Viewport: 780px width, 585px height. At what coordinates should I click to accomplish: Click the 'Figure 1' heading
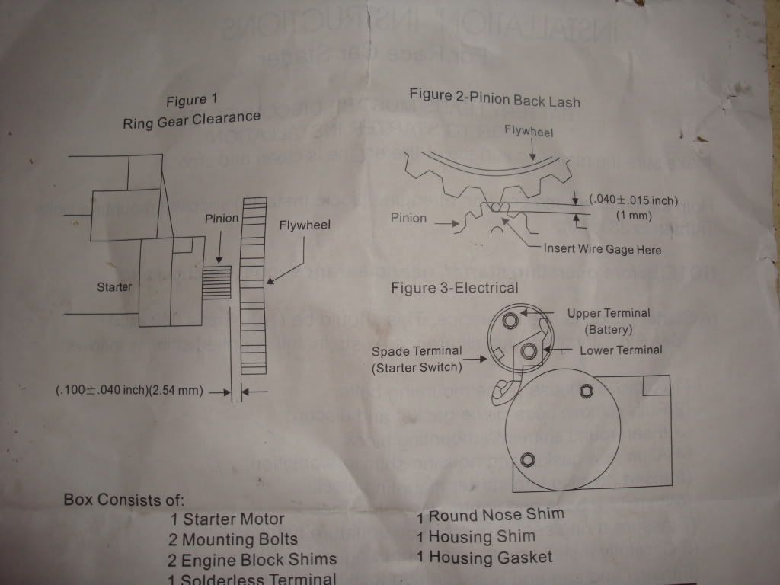click(x=187, y=100)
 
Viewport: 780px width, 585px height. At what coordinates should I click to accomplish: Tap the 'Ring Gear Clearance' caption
click(x=191, y=120)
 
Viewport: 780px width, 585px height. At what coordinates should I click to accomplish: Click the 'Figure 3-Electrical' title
click(x=454, y=287)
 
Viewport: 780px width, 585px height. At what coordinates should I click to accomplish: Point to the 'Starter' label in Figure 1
click(x=115, y=287)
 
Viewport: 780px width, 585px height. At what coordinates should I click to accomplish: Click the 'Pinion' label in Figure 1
click(x=222, y=219)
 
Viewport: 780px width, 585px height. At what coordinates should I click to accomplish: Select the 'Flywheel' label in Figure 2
click(x=529, y=131)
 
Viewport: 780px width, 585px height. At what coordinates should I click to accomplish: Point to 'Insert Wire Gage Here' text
click(x=602, y=249)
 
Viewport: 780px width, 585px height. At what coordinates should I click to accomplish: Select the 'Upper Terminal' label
click(x=608, y=313)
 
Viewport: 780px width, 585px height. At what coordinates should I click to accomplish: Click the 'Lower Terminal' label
click(x=621, y=350)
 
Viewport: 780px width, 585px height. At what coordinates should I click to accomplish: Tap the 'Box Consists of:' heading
click(x=123, y=500)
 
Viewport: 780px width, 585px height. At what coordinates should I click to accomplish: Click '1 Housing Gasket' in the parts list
click(x=484, y=558)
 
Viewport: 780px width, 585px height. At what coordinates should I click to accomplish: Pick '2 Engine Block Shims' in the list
click(x=252, y=559)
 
